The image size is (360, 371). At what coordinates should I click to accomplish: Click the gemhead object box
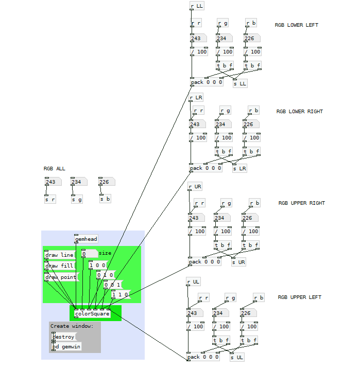(86, 239)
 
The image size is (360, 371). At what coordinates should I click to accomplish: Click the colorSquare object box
(92, 313)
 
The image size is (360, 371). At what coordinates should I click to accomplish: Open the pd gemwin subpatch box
(66, 346)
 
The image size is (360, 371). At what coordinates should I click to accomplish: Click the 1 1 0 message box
(121, 294)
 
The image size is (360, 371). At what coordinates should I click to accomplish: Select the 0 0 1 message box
(113, 285)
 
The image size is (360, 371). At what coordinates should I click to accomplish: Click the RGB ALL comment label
(54, 168)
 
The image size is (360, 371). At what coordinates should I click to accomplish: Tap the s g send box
(77, 200)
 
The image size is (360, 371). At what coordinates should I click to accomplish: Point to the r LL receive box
(197, 6)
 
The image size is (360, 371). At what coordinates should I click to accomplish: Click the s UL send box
(237, 357)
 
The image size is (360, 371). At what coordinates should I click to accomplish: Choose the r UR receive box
(195, 186)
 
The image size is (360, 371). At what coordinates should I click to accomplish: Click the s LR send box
(239, 168)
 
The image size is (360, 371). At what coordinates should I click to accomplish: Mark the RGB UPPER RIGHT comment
(301, 203)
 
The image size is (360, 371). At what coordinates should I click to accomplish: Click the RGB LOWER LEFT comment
(297, 25)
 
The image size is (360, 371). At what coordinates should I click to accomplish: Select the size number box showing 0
(90, 254)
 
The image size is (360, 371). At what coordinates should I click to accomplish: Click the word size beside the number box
(105, 253)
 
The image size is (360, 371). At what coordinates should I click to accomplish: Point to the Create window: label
(72, 326)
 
